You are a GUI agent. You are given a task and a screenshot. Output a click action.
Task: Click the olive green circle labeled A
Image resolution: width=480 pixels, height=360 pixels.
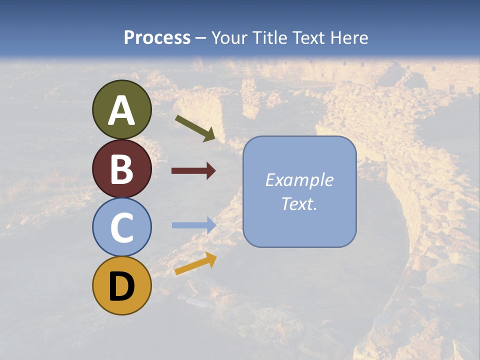[x=121, y=109]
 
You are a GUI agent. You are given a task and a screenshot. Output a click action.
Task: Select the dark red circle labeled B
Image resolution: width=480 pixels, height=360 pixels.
[x=121, y=168]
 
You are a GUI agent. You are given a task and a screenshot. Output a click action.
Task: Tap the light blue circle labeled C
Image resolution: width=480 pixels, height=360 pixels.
[x=121, y=227]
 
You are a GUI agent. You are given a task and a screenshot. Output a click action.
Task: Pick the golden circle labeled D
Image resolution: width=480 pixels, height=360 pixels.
[x=121, y=285]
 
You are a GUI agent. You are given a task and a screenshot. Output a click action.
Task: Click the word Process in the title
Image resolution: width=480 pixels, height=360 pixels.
[x=157, y=37]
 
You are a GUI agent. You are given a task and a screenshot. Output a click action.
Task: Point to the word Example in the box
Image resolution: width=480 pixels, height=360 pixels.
[x=299, y=180]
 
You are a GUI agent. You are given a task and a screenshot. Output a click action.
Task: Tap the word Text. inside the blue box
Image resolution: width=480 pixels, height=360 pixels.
[x=299, y=204]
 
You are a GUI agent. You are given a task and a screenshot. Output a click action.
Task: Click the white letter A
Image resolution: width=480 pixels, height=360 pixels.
[x=121, y=110]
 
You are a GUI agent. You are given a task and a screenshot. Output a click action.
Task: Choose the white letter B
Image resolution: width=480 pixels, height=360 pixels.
[x=121, y=169]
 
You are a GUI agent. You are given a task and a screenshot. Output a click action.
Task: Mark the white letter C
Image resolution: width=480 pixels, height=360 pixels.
[x=121, y=227]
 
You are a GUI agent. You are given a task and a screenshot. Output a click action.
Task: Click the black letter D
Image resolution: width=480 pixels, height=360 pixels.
[x=121, y=286]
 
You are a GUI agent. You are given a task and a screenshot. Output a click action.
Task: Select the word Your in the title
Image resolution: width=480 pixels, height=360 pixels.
[x=228, y=37]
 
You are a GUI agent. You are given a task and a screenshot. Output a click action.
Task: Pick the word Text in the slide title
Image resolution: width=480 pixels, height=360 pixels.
[x=307, y=37]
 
